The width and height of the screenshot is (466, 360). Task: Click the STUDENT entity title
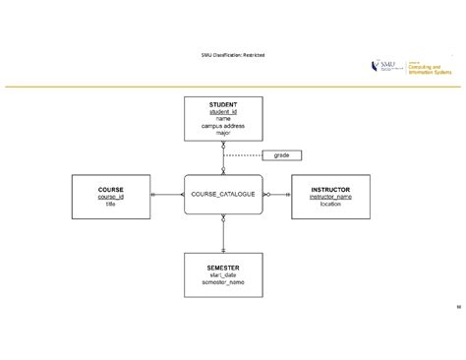(x=223, y=103)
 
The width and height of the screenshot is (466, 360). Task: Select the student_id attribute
(x=223, y=111)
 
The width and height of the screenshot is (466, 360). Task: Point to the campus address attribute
(x=223, y=125)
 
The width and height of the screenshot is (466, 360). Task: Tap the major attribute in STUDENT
(x=223, y=132)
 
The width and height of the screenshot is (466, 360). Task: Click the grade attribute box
(x=281, y=154)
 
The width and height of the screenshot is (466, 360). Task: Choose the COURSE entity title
(x=110, y=189)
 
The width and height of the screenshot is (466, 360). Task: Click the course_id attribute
(x=110, y=196)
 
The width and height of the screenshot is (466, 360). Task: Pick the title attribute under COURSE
(x=110, y=203)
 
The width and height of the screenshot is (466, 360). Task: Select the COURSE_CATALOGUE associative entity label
(x=223, y=195)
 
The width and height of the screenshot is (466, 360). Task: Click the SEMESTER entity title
(x=223, y=267)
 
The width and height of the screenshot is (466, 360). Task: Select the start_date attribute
(x=223, y=274)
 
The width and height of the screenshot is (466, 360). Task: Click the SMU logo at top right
(x=386, y=65)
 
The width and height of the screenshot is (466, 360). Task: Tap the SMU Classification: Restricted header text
(x=232, y=54)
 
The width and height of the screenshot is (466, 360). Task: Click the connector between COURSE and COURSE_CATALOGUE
(x=166, y=195)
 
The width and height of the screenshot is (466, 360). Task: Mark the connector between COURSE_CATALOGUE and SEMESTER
(x=223, y=234)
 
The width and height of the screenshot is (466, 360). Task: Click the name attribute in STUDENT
(x=223, y=118)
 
